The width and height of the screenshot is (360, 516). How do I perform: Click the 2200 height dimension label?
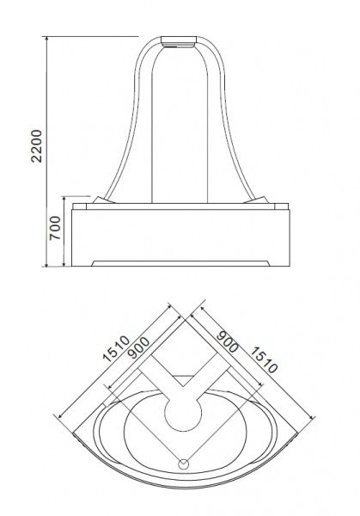36,146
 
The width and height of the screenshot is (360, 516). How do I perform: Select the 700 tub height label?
55,228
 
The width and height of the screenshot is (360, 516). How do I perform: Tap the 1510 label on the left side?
116,349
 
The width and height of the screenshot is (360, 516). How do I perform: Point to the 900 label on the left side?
138,348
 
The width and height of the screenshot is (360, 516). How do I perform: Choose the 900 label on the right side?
228,341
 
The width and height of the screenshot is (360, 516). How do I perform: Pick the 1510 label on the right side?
264,360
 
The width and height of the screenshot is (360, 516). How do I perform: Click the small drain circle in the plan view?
183,464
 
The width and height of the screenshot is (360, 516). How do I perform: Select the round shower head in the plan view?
183,412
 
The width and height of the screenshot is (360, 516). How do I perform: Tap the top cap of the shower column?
179,41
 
